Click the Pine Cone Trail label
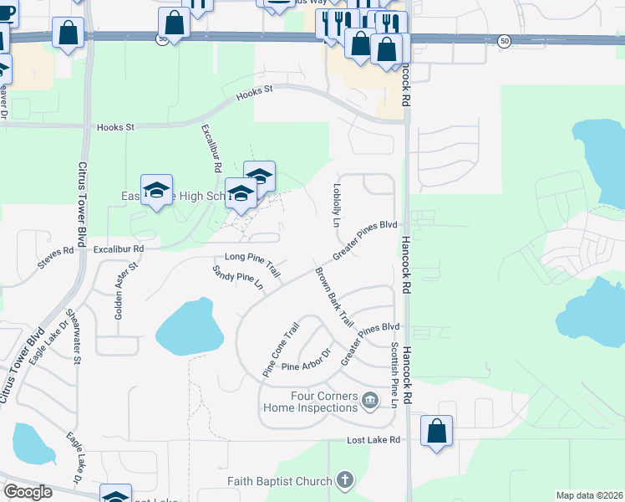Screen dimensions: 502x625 coord(280,351)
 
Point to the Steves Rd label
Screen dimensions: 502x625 coord(57,256)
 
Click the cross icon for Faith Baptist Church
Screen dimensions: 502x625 coord(344,480)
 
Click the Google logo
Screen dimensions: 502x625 coord(28,492)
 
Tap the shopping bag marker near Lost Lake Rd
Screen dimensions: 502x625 coord(436,432)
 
